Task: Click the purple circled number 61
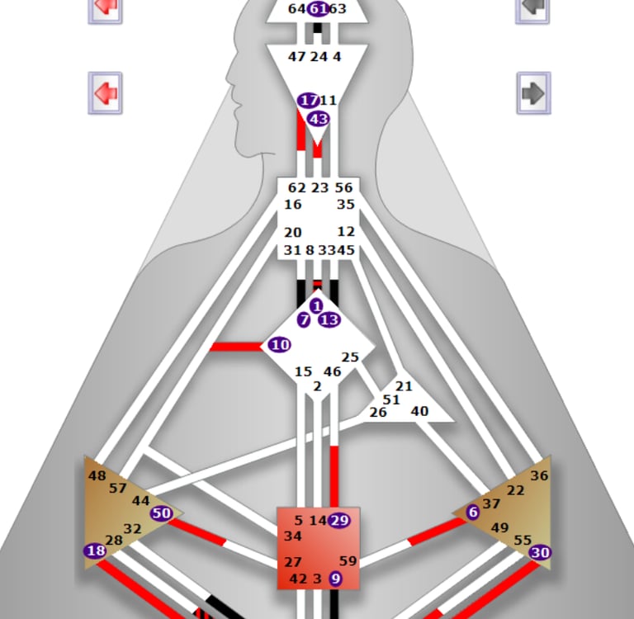pos(318,9)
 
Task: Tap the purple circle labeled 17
pos(309,101)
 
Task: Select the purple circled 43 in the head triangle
pos(318,119)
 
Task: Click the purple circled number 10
pos(280,345)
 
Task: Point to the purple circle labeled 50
pos(161,513)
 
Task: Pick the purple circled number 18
pos(95,550)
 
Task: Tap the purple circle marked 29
pos(338,521)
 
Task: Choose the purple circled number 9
pos(335,579)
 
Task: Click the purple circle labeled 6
pos(472,513)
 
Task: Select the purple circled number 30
pos(541,553)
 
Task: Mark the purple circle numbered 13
pos(329,319)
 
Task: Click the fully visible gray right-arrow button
pos(533,93)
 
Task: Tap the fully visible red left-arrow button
pos(105,92)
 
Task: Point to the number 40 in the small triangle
pos(419,411)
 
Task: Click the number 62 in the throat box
pos(297,188)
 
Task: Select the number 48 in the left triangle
pos(97,475)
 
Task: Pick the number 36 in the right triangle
pos(539,475)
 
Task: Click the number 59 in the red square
pos(348,561)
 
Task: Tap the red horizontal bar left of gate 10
pos(236,346)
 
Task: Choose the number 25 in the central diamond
pos(350,357)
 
